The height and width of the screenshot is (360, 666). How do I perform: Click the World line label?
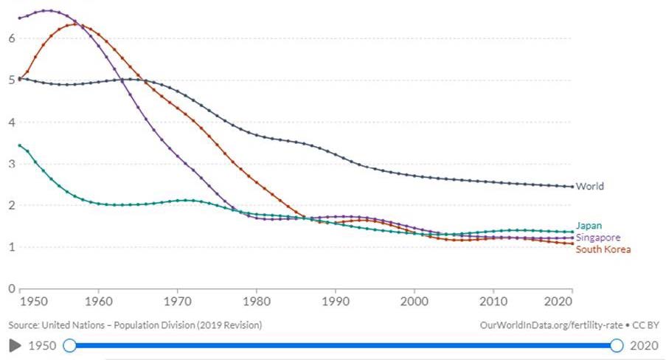point(590,187)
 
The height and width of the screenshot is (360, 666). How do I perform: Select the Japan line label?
point(588,226)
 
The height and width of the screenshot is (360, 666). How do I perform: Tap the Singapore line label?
point(598,238)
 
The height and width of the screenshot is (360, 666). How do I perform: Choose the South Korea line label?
point(603,249)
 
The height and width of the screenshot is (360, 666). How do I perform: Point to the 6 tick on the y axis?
point(11,38)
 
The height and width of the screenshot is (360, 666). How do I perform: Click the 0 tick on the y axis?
point(11,288)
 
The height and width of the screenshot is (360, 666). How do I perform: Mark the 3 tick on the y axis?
point(11,164)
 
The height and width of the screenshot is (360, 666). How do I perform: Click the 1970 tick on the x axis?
point(176,302)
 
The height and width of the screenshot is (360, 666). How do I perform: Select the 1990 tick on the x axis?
point(335,302)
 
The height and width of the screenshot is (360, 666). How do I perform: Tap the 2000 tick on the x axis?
point(414,302)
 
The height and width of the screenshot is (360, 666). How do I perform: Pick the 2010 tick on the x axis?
point(493,302)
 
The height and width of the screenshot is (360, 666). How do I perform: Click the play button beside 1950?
point(15,345)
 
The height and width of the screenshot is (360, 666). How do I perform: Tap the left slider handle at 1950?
point(69,345)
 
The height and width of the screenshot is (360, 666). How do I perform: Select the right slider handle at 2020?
point(617,345)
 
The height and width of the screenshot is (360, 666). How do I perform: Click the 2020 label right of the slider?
point(645,345)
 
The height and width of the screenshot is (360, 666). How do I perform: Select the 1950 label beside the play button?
point(42,345)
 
